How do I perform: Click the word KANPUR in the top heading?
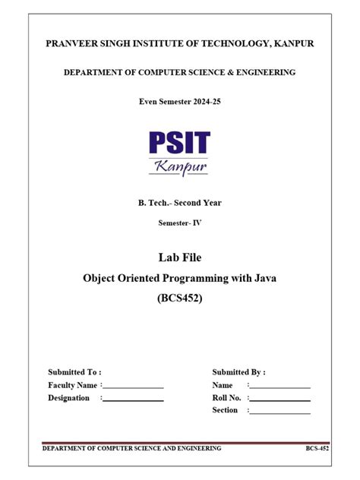pos(292,44)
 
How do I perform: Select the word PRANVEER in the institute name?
pos(71,44)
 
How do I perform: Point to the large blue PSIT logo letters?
pos(179,142)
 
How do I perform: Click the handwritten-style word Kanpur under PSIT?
pos(179,166)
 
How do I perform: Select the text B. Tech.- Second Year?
pos(179,202)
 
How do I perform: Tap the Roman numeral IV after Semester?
pos(197,223)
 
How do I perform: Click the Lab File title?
pos(179,259)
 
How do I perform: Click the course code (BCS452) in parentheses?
pos(179,298)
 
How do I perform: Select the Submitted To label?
pos(74,372)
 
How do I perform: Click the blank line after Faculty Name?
pos(134,387)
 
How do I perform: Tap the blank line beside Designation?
pos(134,399)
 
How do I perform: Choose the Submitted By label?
pos(238,372)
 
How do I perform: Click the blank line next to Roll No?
pos(280,399)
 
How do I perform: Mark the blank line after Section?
pos(280,412)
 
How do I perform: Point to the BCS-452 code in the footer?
pos(317,449)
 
